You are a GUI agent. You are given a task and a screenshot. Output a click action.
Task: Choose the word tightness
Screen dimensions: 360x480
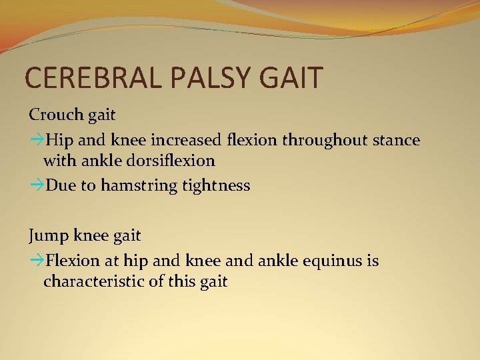pos(215,185)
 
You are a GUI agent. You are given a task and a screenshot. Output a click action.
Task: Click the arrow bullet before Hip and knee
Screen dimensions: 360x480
pos(36,140)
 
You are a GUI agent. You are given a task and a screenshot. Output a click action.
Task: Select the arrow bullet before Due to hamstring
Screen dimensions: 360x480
pos(36,185)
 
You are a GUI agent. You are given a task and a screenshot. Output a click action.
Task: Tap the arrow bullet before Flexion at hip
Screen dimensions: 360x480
pos(36,261)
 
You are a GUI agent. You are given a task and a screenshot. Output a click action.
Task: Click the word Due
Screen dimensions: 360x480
pos(61,185)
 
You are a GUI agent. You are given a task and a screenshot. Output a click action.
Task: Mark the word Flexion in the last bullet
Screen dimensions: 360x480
pos(72,260)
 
